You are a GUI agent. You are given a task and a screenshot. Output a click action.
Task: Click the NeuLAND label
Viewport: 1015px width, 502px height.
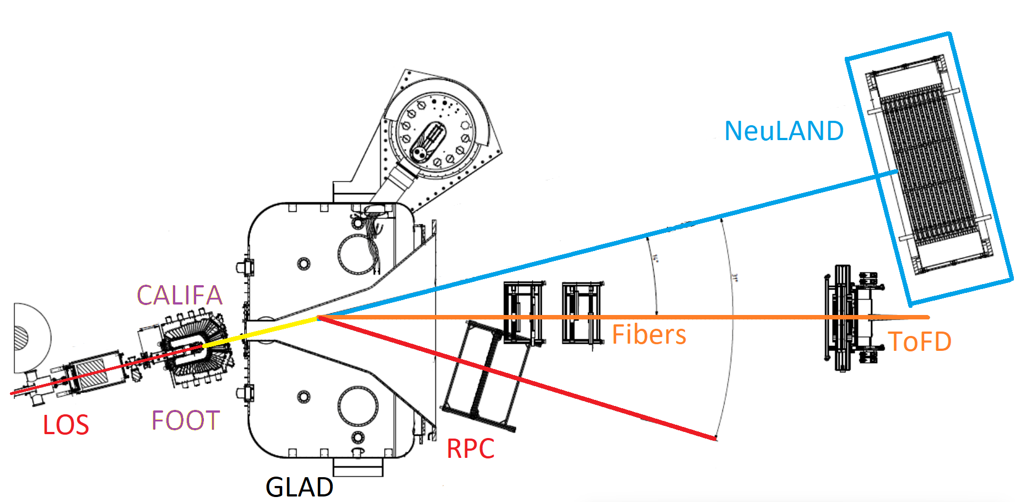pos(784,131)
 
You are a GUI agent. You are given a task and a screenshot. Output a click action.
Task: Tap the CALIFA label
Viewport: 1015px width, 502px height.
pos(180,295)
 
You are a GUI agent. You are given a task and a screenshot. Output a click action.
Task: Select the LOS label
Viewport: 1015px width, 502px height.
pos(66,425)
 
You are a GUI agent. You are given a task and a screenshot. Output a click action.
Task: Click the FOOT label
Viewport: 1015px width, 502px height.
pos(186,420)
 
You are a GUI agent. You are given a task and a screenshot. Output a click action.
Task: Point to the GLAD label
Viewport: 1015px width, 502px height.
pos(299,487)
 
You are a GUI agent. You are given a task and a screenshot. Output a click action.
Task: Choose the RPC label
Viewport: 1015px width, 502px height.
pos(470,448)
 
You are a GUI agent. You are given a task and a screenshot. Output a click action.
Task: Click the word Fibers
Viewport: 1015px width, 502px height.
pos(649,335)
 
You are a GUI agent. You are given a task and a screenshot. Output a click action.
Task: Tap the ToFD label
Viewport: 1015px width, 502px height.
pos(920,341)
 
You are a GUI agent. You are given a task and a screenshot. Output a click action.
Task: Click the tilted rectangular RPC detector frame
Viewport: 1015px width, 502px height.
pos(485,375)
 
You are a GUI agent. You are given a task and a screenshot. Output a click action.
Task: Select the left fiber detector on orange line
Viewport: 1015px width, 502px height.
pos(523,313)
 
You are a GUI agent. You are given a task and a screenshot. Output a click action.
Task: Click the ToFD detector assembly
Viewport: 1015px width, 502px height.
pos(851,318)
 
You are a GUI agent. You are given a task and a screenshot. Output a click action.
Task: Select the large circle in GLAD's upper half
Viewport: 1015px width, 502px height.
pos(357,254)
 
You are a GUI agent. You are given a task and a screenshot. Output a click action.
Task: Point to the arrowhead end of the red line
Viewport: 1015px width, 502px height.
pos(715,439)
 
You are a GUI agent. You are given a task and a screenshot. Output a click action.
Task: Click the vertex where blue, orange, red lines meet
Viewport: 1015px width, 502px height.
pos(319,318)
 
